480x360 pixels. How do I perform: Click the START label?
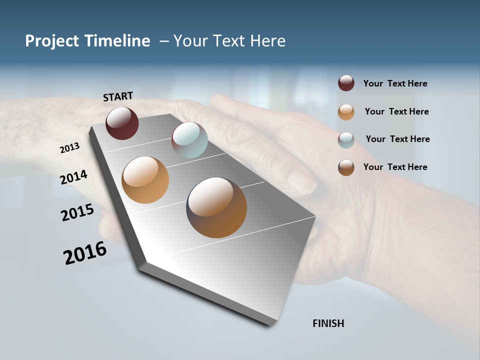(118, 96)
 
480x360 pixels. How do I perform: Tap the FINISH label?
(328, 323)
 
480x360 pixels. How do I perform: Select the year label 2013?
(70, 147)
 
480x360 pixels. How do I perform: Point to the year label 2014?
(74, 177)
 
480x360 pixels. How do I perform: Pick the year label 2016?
(85, 252)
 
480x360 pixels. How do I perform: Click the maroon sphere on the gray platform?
(122, 123)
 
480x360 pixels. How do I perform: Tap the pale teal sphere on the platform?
(189, 140)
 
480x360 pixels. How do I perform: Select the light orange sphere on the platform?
(145, 180)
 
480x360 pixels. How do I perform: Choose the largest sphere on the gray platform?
(216, 207)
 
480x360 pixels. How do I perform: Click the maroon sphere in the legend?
(346, 83)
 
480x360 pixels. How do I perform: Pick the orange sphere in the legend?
(346, 112)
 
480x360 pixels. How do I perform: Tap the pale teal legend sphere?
(346, 140)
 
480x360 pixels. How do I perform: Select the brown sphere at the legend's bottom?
(346, 167)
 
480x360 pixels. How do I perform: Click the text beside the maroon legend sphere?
(395, 83)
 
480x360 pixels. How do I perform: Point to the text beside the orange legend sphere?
(396, 111)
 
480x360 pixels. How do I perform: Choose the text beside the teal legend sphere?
(397, 139)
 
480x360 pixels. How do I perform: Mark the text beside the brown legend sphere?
(395, 167)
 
